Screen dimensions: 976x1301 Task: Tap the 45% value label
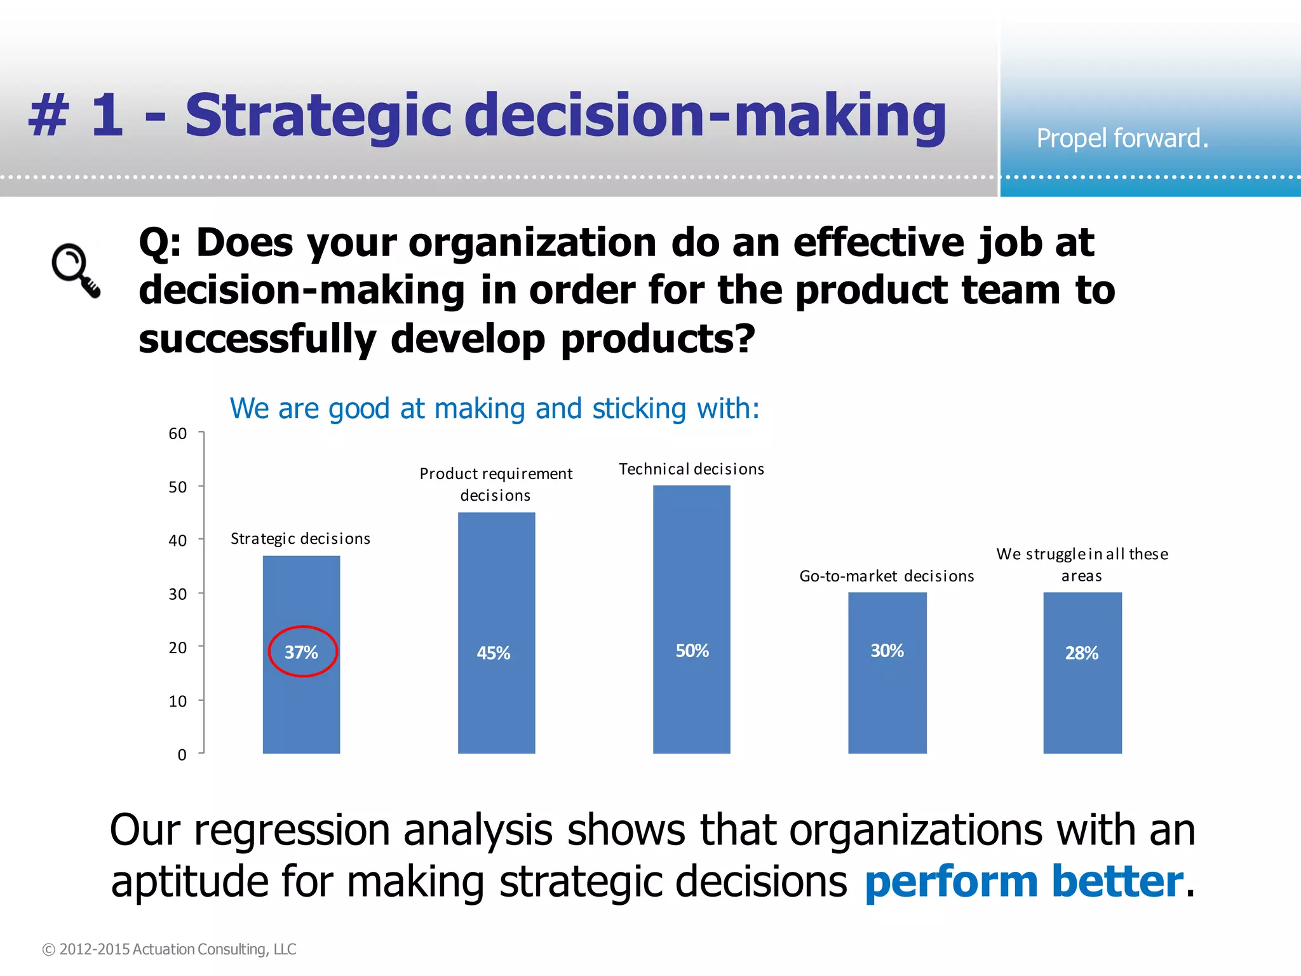tap(494, 653)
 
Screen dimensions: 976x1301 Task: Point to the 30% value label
tap(887, 651)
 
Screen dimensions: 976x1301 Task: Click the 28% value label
tap(1081, 653)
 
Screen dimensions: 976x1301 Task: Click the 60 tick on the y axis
tap(178, 434)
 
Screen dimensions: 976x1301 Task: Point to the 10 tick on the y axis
tap(178, 701)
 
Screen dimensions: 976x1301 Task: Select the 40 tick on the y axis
tap(178, 541)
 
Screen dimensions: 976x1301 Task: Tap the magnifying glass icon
tap(75, 269)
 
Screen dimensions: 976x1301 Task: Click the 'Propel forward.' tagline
tap(1122, 139)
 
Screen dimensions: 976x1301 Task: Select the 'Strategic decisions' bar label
tap(300, 539)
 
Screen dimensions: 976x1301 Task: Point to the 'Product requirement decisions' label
tap(495, 484)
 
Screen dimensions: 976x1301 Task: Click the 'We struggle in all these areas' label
tap(1082, 564)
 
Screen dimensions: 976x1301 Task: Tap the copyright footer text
tap(169, 949)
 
